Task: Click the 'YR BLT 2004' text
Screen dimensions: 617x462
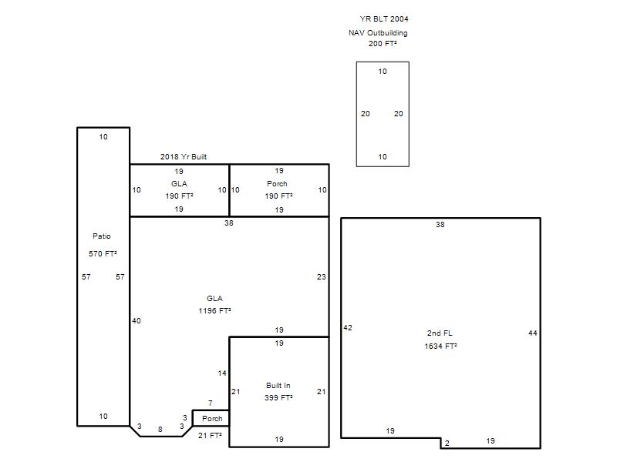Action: pyautogui.click(x=383, y=18)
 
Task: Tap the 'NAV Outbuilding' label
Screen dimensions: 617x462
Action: pyautogui.click(x=378, y=33)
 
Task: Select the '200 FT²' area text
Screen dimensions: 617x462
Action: pyautogui.click(x=382, y=44)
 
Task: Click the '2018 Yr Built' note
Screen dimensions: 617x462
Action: pyautogui.click(x=184, y=157)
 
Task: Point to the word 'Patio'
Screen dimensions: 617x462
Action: pyautogui.click(x=102, y=236)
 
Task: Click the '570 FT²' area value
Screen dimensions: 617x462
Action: pyautogui.click(x=103, y=254)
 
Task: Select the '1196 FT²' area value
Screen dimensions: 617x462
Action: pyautogui.click(x=214, y=311)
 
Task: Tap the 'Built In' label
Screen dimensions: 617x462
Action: pyautogui.click(x=278, y=386)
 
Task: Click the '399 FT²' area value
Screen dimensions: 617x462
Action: pyautogui.click(x=278, y=397)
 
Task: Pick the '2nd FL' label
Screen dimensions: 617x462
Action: pyautogui.click(x=440, y=333)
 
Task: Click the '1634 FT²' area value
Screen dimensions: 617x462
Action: pyautogui.click(x=440, y=346)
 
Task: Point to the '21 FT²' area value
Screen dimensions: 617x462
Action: pyautogui.click(x=210, y=435)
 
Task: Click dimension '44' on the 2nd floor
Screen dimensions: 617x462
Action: pyautogui.click(x=532, y=333)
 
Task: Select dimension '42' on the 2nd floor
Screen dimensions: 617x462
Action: pyautogui.click(x=348, y=328)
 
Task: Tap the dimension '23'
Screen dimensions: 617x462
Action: pyautogui.click(x=321, y=277)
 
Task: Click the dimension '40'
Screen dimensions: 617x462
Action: pyautogui.click(x=137, y=321)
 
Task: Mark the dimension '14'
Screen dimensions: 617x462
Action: pyautogui.click(x=222, y=373)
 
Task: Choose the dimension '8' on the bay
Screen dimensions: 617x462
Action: pyautogui.click(x=160, y=430)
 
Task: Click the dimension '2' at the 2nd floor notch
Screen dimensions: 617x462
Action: pyautogui.click(x=447, y=444)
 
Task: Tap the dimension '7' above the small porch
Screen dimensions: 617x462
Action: pyautogui.click(x=210, y=403)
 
